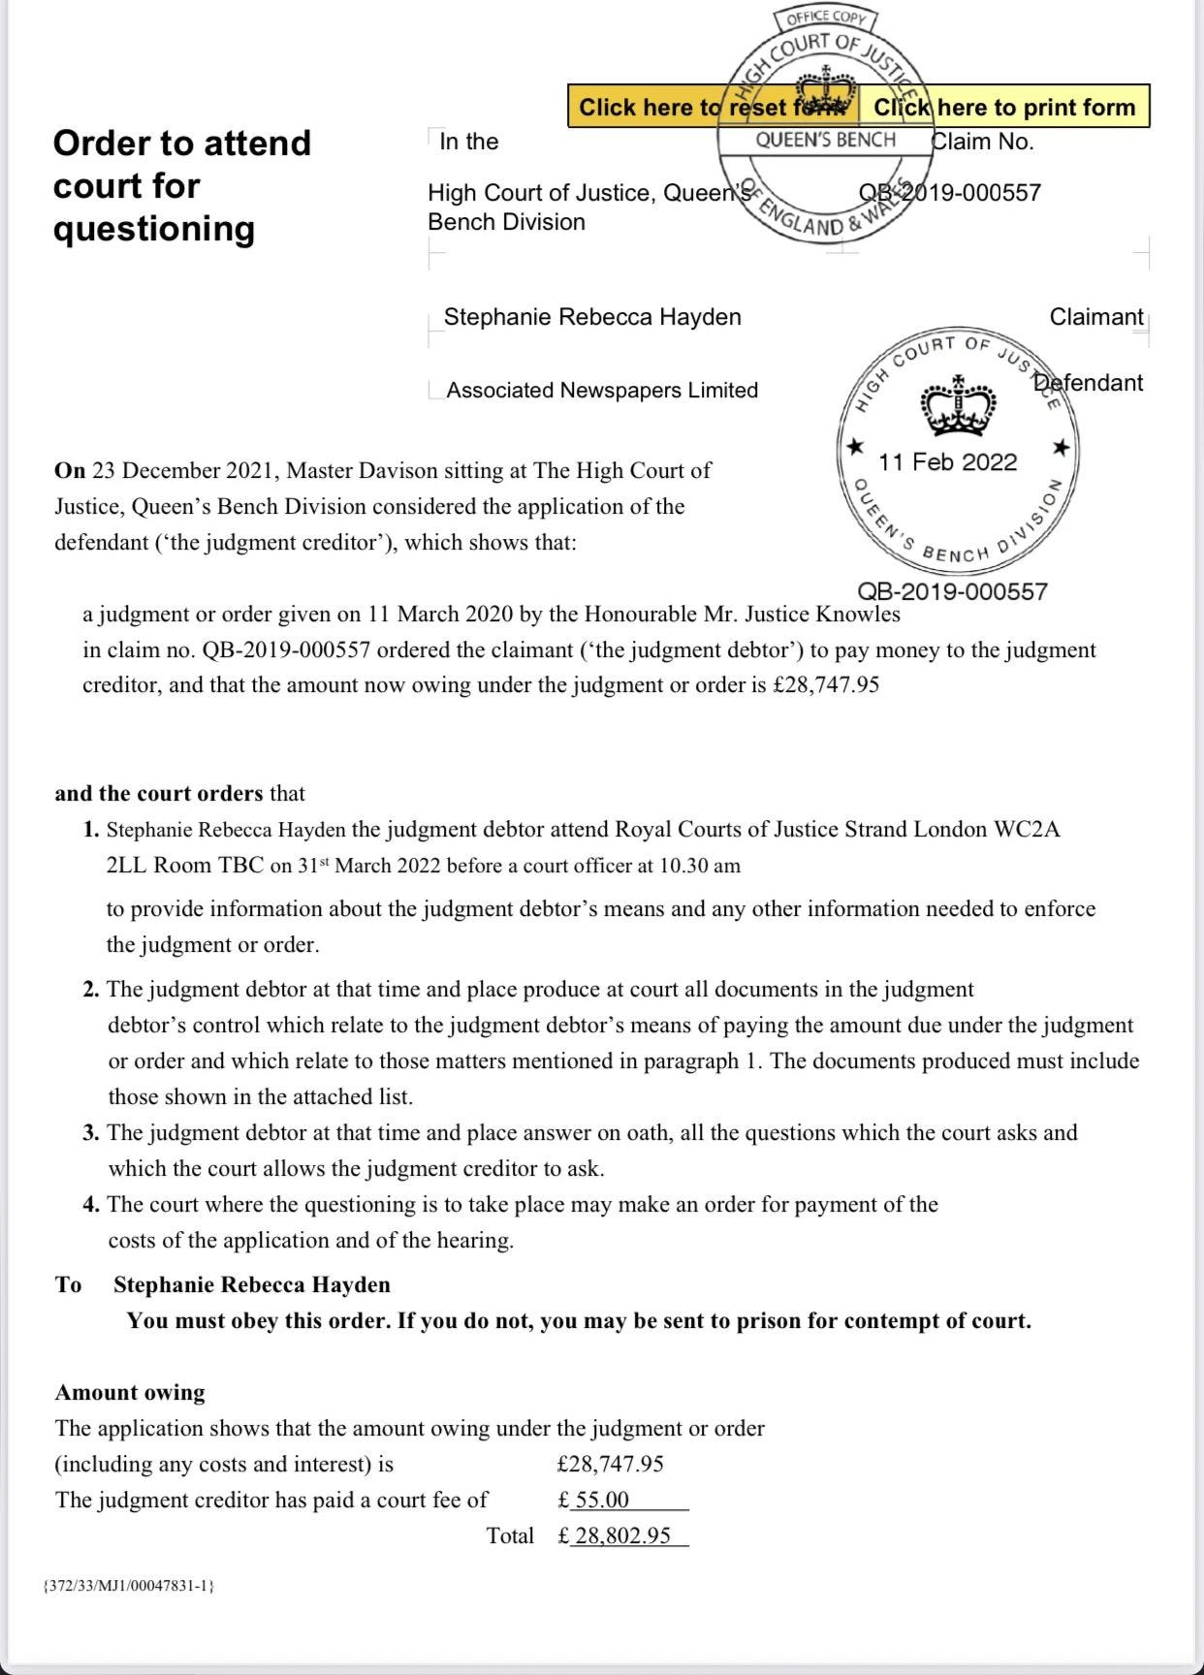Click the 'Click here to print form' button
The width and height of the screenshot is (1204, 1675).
coord(1004,107)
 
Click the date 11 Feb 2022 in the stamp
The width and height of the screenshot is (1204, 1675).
coord(947,462)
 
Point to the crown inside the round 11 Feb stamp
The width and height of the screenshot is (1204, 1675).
coord(957,407)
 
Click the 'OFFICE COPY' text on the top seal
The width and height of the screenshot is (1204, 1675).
coord(826,18)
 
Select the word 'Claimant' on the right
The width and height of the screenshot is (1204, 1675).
coord(1095,317)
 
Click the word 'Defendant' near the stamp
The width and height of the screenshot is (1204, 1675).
coord(1089,383)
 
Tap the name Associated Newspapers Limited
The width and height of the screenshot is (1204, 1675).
coord(601,390)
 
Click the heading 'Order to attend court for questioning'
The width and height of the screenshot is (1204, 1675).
coord(181,185)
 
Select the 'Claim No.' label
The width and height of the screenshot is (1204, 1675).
coord(983,142)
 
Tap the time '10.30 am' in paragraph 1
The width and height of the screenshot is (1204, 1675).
coord(699,866)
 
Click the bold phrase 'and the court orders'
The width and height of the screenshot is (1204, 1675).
coord(158,793)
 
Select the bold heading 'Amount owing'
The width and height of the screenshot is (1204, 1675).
coord(130,1393)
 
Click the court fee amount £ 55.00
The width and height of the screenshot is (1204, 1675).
coord(594,1500)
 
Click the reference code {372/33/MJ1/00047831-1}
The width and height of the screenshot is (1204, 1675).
coord(129,1586)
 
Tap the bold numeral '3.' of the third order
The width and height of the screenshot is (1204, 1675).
coord(91,1133)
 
